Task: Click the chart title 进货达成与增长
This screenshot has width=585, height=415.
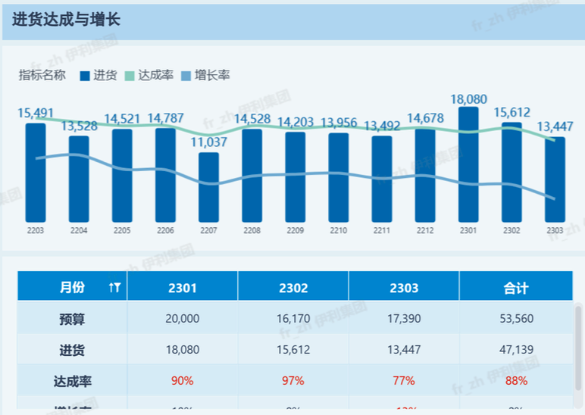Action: (66, 20)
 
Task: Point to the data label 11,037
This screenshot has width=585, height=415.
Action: (208, 142)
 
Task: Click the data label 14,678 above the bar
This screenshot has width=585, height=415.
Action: (425, 118)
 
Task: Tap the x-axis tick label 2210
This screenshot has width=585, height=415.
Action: (339, 230)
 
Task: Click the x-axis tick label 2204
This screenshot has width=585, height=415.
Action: (79, 230)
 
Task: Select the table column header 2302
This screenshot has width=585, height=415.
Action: (293, 288)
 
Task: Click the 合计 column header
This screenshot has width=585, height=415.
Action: (516, 288)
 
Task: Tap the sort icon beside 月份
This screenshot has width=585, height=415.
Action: (114, 288)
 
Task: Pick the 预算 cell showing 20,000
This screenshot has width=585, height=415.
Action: (182, 319)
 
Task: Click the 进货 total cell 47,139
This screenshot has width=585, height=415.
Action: (516, 350)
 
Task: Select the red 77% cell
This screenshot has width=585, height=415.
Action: (404, 380)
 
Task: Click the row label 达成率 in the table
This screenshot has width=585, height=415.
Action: (72, 380)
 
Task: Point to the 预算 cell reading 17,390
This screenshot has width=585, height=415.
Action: (404, 319)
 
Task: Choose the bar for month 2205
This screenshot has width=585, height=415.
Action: (122, 174)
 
